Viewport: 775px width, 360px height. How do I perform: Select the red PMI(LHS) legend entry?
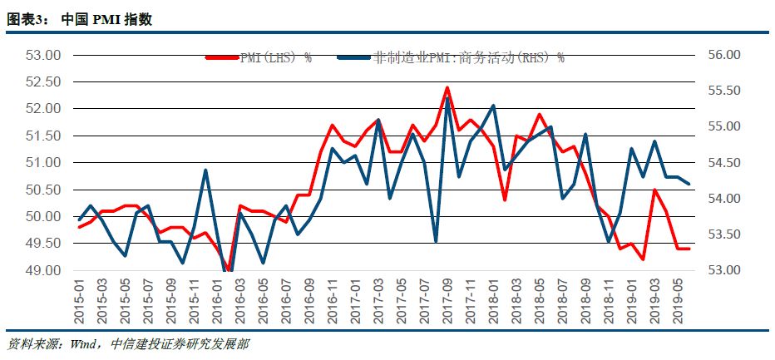click(258, 58)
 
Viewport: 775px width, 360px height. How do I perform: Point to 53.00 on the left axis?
click(44, 56)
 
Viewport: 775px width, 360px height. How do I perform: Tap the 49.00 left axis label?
click(44, 270)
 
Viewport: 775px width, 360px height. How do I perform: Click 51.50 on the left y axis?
click(44, 136)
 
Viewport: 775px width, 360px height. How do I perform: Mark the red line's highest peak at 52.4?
click(447, 87)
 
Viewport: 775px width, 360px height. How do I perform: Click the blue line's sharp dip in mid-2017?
click(436, 242)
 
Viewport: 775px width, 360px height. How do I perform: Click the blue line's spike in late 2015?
click(205, 170)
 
